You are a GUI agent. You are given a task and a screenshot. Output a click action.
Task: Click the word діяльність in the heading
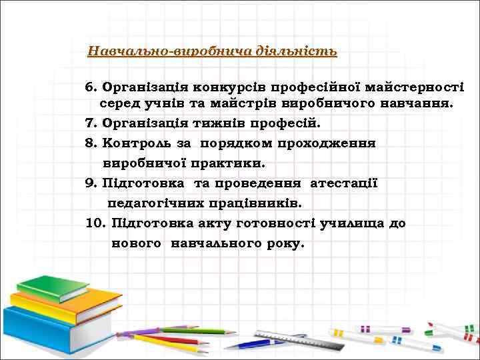pos(299,51)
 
